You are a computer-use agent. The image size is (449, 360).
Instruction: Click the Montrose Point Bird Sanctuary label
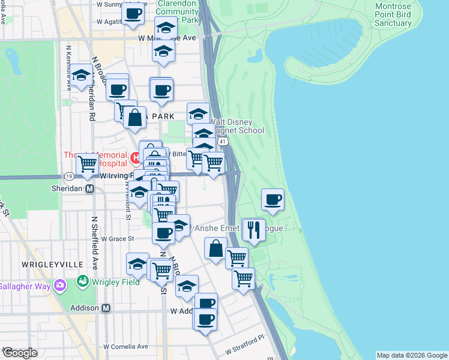click(401, 14)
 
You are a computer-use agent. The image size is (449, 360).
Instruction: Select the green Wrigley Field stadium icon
click(83, 280)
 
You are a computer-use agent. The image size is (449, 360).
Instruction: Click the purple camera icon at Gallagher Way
click(59, 285)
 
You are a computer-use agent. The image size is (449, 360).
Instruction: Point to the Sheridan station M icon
click(90, 188)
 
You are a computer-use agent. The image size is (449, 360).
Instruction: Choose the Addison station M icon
click(106, 308)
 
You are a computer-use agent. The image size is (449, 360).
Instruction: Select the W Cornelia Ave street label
click(125, 346)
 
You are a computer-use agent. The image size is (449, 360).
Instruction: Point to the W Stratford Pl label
click(245, 346)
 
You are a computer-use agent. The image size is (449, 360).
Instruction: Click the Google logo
click(20, 353)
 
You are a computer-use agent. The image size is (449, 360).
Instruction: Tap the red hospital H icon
click(136, 158)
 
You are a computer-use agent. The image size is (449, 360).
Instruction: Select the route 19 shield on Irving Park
click(70, 176)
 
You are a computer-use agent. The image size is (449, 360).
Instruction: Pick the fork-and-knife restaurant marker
click(253, 229)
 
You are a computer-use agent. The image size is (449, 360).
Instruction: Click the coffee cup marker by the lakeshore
click(273, 199)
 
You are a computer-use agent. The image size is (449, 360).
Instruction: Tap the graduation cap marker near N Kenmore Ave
click(82, 76)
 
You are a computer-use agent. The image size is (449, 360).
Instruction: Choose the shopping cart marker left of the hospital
click(88, 163)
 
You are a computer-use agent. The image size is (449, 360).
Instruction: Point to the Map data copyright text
click(412, 355)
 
